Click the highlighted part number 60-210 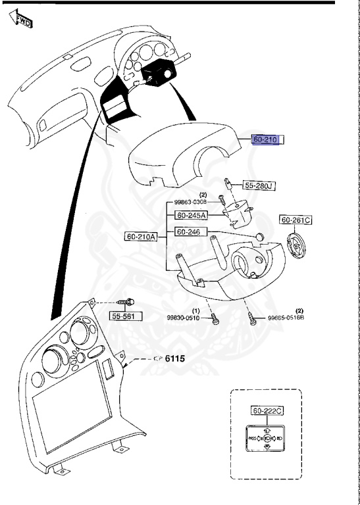[266, 139]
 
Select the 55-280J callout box [259, 185]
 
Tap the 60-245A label [191, 215]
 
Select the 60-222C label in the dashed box [268, 411]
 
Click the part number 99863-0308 [191, 203]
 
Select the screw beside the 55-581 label [126, 302]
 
